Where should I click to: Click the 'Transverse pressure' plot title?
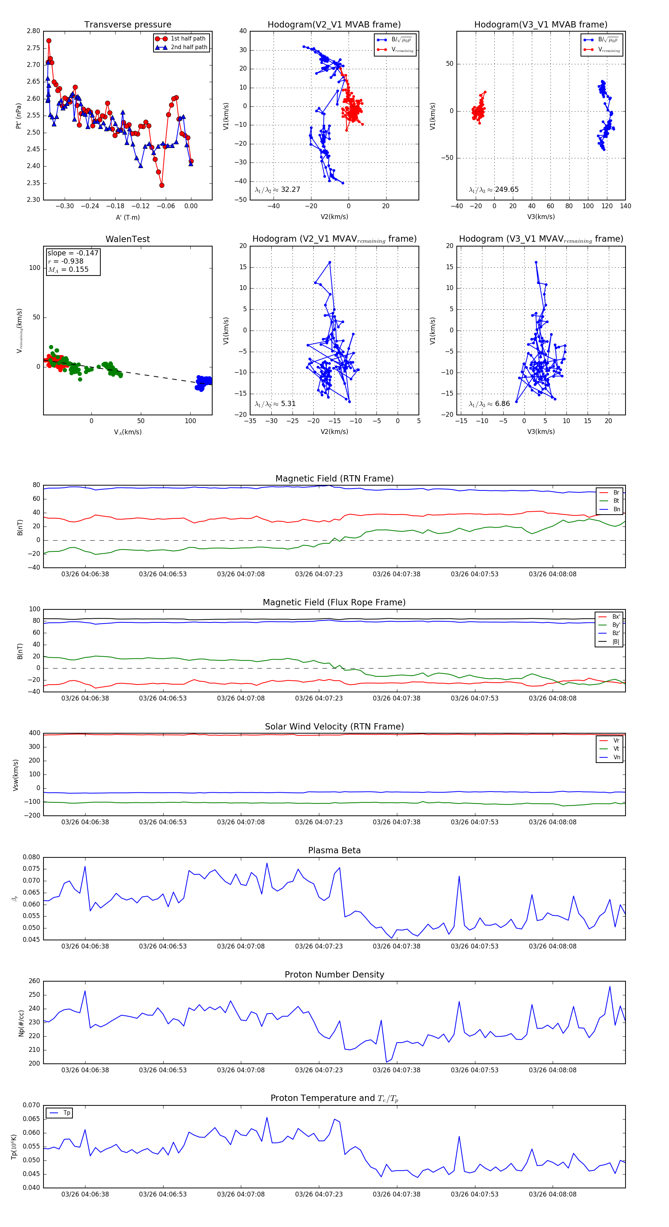[127, 25]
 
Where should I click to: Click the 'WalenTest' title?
[127, 239]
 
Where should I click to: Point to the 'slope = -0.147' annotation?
[73, 253]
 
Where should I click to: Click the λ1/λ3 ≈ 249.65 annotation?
[494, 190]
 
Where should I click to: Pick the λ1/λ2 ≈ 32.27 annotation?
[278, 190]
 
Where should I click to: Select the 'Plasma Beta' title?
[334, 850]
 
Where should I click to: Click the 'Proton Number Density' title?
[334, 974]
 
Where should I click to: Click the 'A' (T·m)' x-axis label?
[127, 217]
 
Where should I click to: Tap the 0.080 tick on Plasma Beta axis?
[32, 857]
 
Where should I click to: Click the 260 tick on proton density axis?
[34, 981]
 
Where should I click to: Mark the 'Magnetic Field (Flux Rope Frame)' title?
[334, 603]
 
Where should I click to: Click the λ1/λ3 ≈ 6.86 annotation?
[489, 404]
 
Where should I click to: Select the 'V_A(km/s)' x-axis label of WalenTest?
[127, 432]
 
